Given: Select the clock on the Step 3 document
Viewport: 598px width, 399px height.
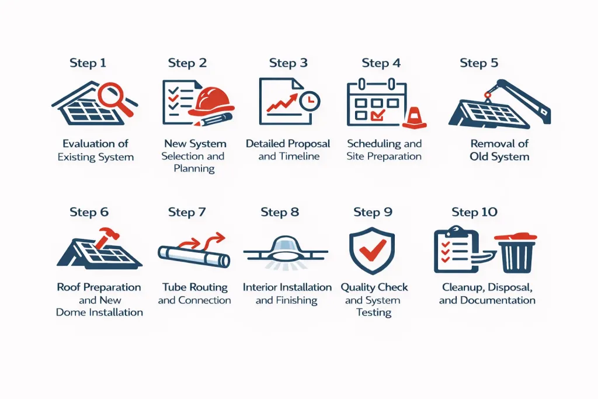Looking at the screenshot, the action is (x=310, y=101).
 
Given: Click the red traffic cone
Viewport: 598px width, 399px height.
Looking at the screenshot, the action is (x=414, y=117).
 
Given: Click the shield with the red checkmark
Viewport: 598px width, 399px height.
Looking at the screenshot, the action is (x=372, y=251).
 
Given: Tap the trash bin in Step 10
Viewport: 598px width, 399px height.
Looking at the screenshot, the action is (x=516, y=252).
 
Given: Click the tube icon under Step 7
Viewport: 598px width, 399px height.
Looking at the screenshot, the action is (x=194, y=256).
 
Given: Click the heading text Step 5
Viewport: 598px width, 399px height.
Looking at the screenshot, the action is (x=479, y=63).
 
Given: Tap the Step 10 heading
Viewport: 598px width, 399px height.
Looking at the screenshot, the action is (x=474, y=212).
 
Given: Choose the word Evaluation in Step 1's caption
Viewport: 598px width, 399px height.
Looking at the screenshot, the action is (x=89, y=144).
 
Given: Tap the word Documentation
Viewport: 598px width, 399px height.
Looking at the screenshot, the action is (x=498, y=300).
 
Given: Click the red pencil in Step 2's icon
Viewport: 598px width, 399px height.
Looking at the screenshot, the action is (x=213, y=119).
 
